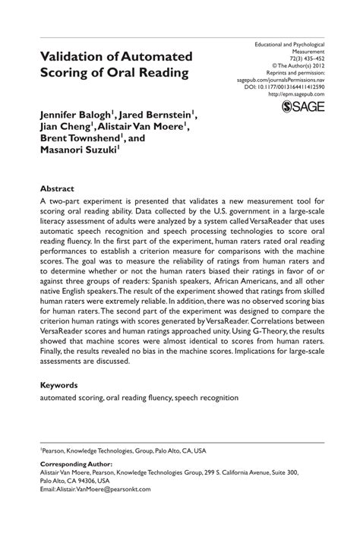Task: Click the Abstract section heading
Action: [58, 187]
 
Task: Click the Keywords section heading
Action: [61, 385]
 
